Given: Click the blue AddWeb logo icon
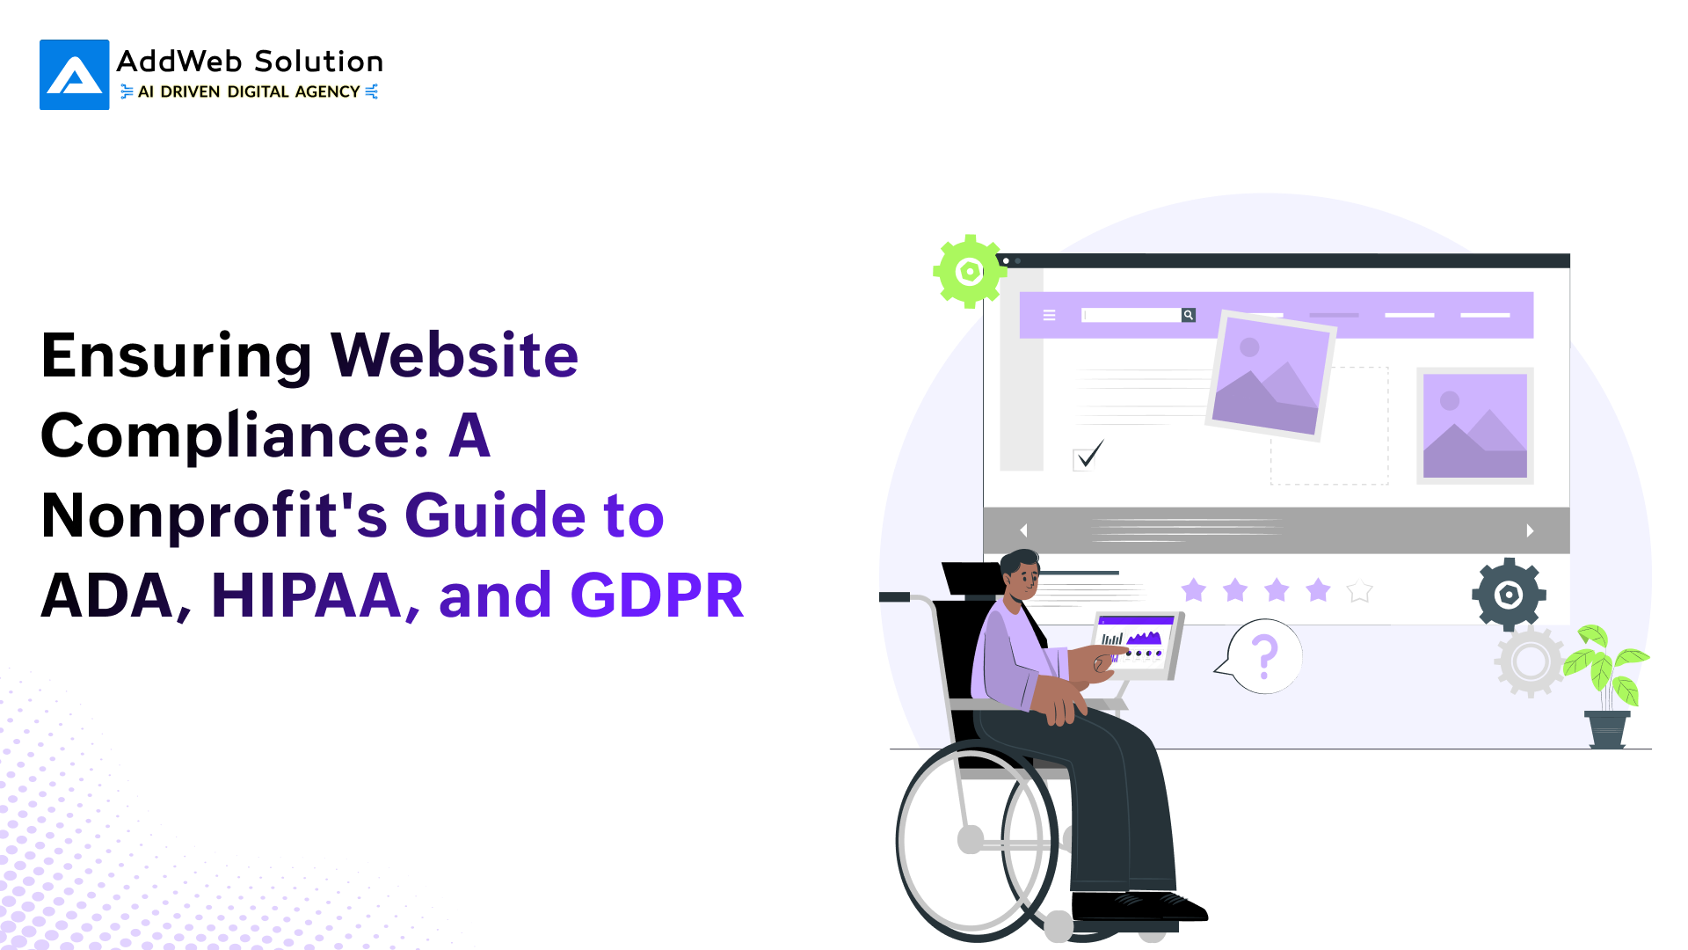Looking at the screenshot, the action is pyautogui.click(x=75, y=75).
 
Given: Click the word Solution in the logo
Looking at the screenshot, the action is pyautogui.click(x=318, y=62).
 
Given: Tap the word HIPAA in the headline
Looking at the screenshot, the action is pyautogui.click(x=307, y=596).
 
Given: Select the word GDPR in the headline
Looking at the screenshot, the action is pyautogui.click(x=658, y=596).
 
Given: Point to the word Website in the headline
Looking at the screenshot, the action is pyautogui.click(x=455, y=355).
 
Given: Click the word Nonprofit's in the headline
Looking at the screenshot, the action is pyautogui.click(x=215, y=515).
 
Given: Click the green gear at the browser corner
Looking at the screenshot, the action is pyautogui.click(x=969, y=271).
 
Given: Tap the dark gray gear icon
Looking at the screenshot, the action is pyautogui.click(x=1509, y=595).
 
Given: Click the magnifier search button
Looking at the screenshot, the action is pyautogui.click(x=1189, y=315).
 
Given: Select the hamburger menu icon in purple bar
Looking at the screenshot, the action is pyautogui.click(x=1049, y=315).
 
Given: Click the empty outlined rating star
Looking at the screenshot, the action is pyautogui.click(x=1359, y=590).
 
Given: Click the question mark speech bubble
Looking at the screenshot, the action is pyautogui.click(x=1261, y=656).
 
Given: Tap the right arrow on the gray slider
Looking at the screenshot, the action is pyautogui.click(x=1531, y=530).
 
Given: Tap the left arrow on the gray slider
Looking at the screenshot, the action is pyautogui.click(x=1023, y=530).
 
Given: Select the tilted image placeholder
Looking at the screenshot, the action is pyautogui.click(x=1270, y=376).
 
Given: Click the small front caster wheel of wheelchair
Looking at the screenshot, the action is pyautogui.click(x=1059, y=926).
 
